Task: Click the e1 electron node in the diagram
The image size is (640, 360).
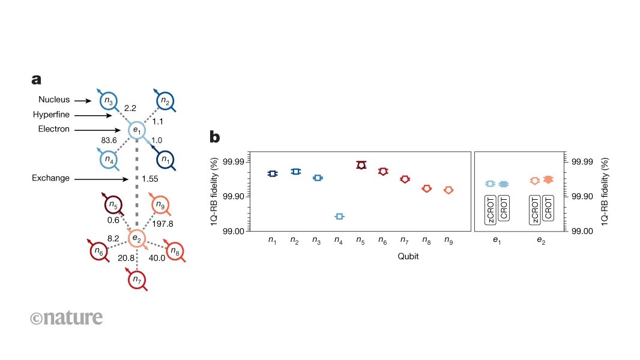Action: pyautogui.click(x=137, y=130)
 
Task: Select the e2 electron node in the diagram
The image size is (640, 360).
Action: pyautogui.click(x=137, y=239)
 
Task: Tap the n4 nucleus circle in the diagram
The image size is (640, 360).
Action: pyautogui.click(x=108, y=160)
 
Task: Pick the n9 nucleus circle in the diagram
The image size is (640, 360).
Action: pyautogui.click(x=160, y=205)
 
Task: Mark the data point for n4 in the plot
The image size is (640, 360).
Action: pyautogui.click(x=339, y=216)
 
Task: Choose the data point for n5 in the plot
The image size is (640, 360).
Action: pyautogui.click(x=361, y=165)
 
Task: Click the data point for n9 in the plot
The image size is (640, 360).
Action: pyautogui.click(x=448, y=190)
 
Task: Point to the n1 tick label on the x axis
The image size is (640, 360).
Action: pyautogui.click(x=273, y=241)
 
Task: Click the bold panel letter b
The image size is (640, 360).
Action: pyautogui.click(x=214, y=137)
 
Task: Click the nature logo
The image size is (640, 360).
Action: pyautogui.click(x=66, y=317)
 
